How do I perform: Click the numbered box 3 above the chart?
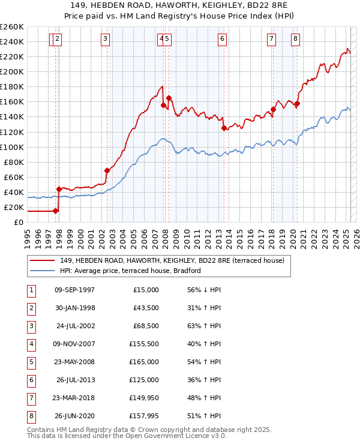point(105,40)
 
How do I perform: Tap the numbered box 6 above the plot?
point(222,40)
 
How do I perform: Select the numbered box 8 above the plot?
point(296,40)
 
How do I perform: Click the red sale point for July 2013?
point(224,128)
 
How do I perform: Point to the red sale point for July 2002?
point(107,170)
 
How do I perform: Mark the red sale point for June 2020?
point(297,103)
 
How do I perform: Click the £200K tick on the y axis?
point(13,71)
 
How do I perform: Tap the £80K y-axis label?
point(14,162)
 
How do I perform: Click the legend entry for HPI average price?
point(130,271)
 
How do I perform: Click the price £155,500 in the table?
point(144,344)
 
